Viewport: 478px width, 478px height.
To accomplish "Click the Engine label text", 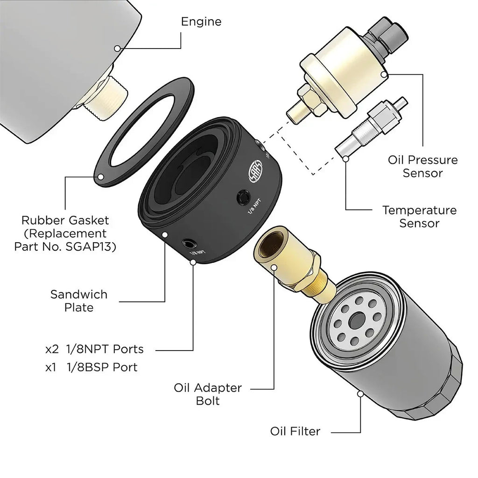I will pyautogui.click(x=201, y=21).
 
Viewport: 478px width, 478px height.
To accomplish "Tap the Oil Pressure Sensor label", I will pyautogui.click(x=423, y=167).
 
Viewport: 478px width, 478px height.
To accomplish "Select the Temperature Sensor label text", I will pyautogui.click(x=419, y=217).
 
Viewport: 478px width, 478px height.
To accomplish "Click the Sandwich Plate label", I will pyautogui.click(x=79, y=301).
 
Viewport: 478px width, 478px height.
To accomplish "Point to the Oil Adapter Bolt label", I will pyautogui.click(x=208, y=394).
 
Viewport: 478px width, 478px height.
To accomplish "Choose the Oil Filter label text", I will pyautogui.click(x=295, y=431).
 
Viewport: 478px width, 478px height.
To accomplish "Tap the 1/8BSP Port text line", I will pyautogui.click(x=91, y=367).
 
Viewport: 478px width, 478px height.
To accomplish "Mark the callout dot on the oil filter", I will pyautogui.click(x=360, y=394).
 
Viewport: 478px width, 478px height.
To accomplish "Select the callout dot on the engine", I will pyautogui.click(x=117, y=48).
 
